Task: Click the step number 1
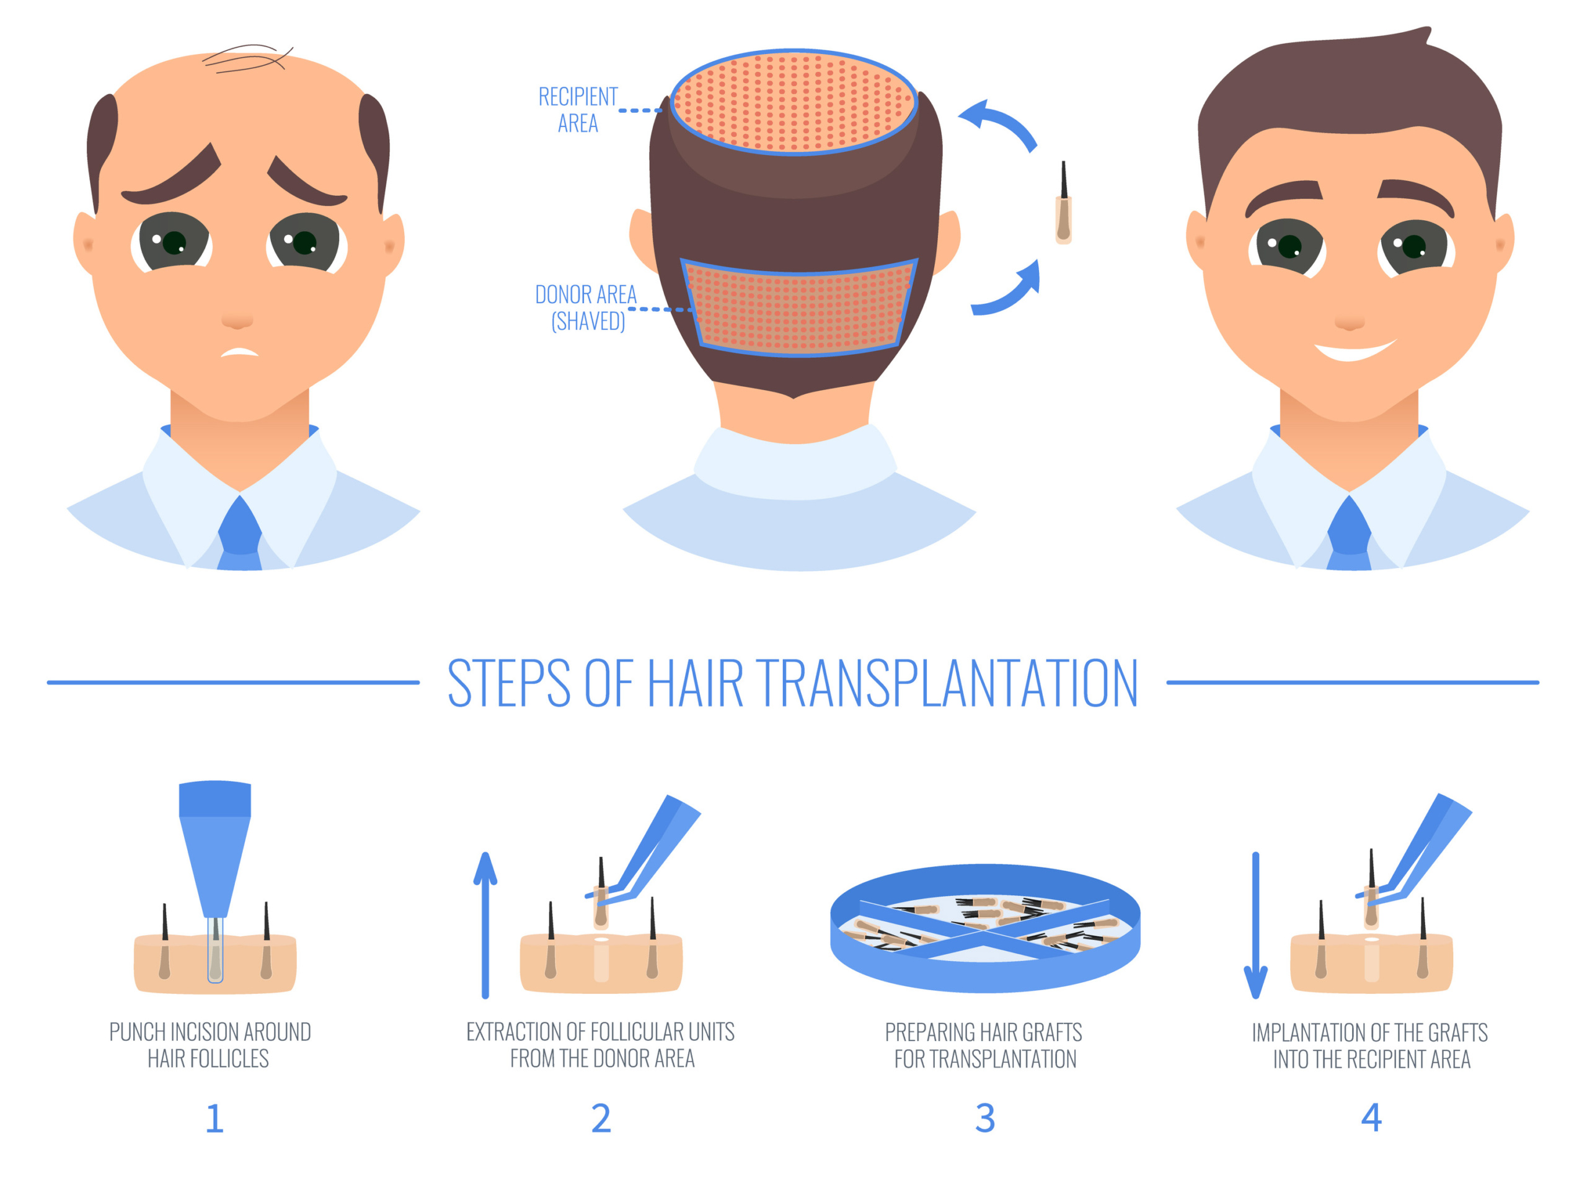(214, 1118)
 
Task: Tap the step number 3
(984, 1118)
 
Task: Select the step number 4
(1371, 1117)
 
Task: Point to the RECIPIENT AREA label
(578, 110)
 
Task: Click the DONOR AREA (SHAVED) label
(586, 308)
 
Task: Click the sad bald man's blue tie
(239, 535)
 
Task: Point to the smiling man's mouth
(1353, 351)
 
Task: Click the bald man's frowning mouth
(239, 352)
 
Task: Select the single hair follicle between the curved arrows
(1063, 207)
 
